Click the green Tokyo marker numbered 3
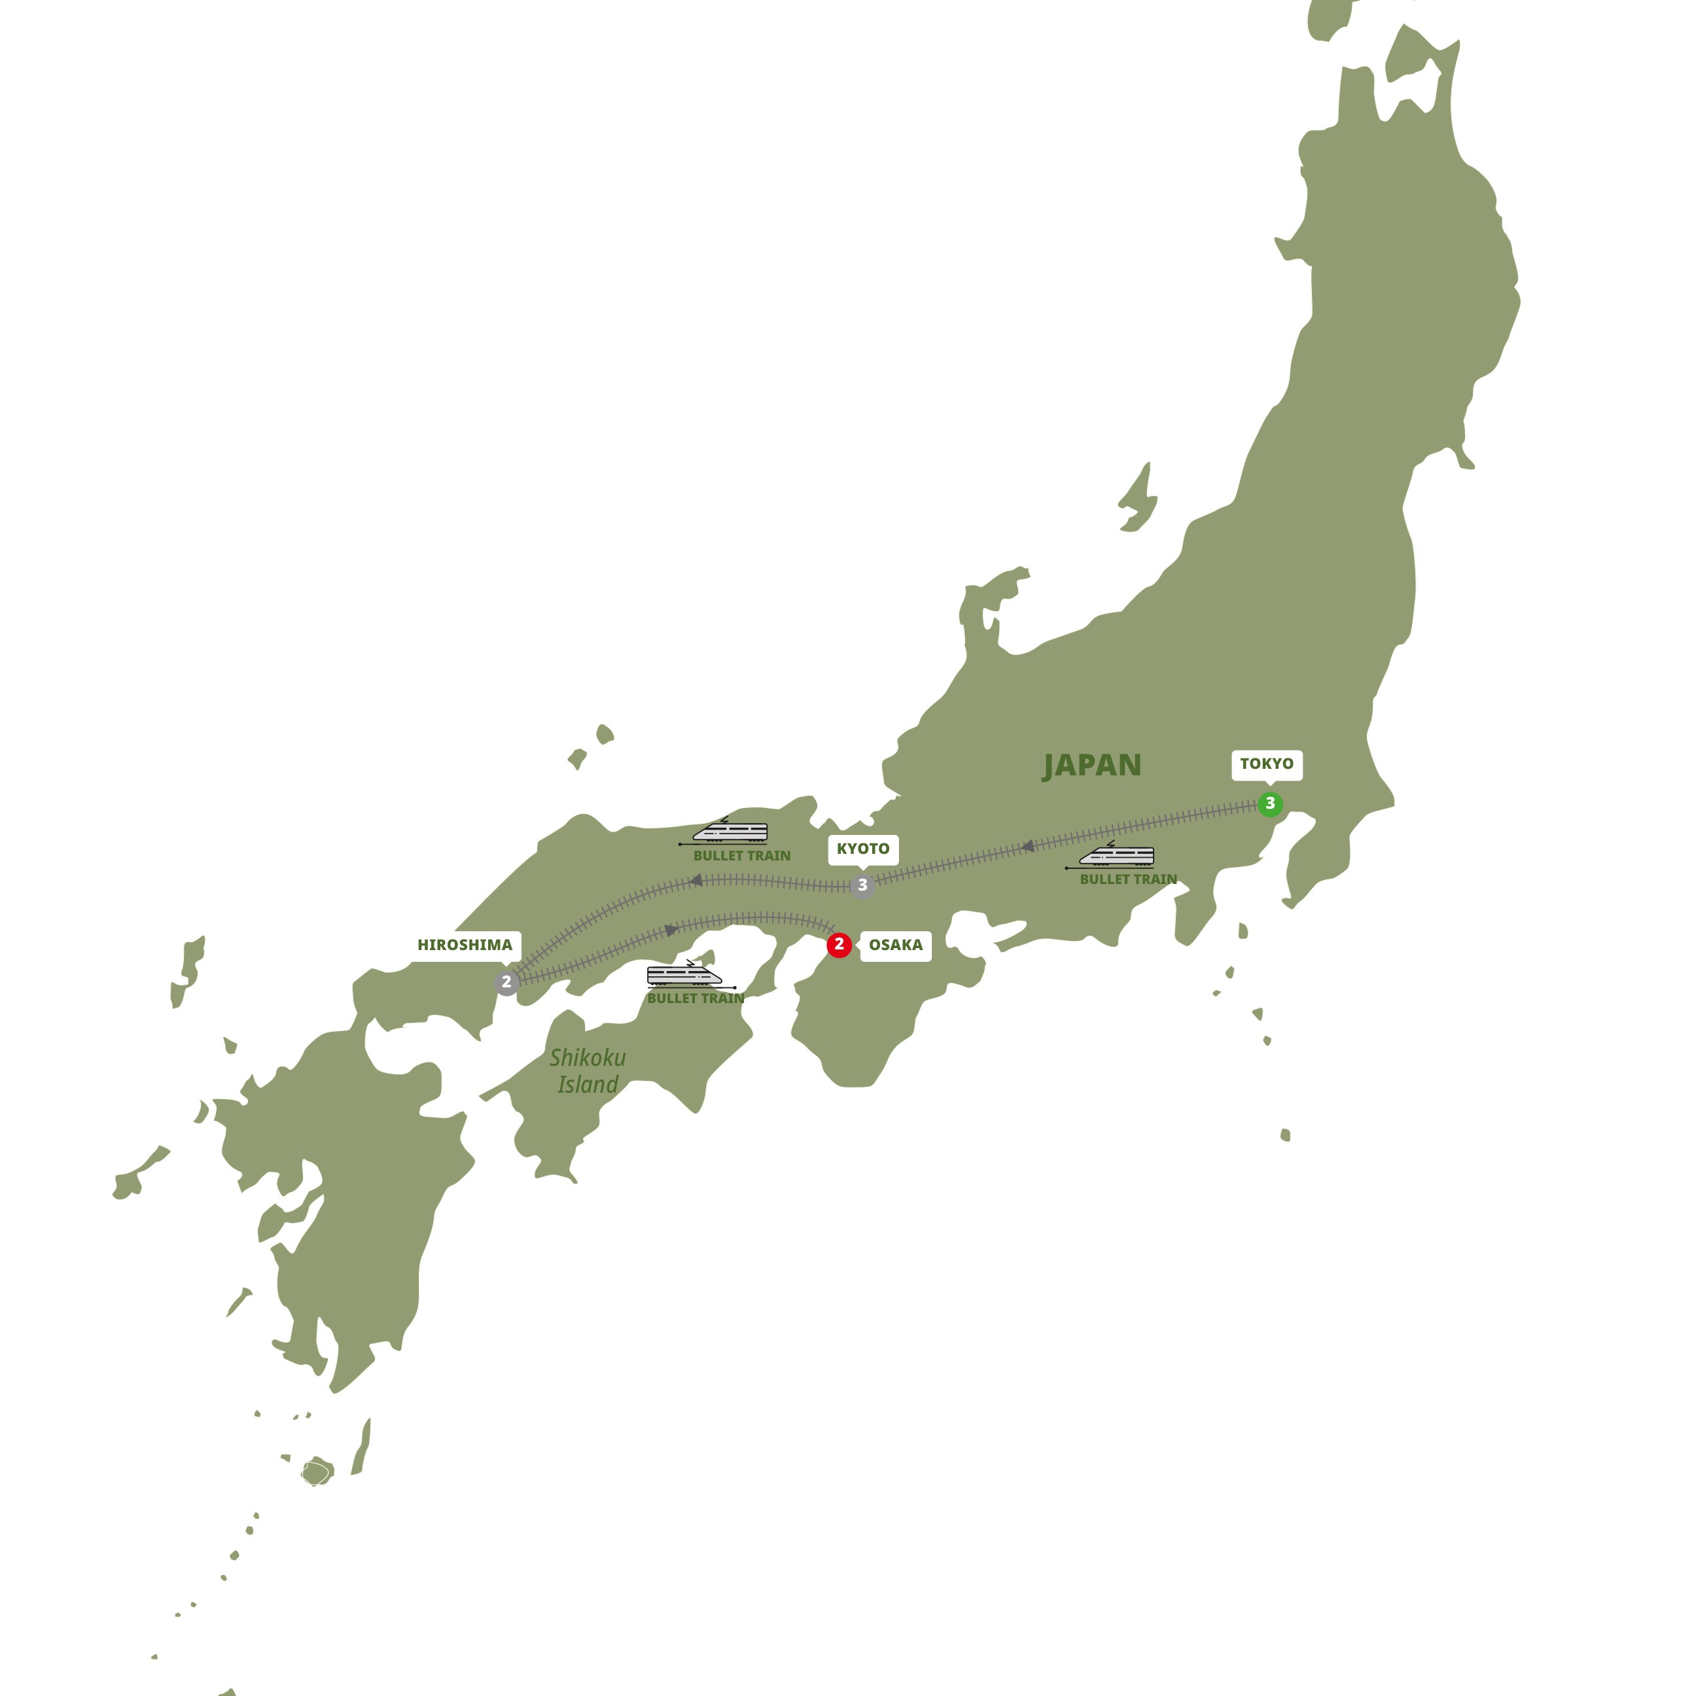(x=1269, y=804)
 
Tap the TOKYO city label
(x=1266, y=764)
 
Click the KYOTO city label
(x=862, y=849)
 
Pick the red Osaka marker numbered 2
(x=839, y=945)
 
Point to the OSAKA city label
(x=895, y=945)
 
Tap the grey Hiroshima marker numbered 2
(x=506, y=982)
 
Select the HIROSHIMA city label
(x=465, y=945)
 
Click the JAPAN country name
(x=1092, y=766)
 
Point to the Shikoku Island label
(x=588, y=1071)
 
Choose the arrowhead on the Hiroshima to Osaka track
(x=671, y=930)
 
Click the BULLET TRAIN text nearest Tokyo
(x=1128, y=879)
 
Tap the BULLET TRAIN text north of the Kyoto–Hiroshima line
(x=742, y=856)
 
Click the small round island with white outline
(x=315, y=1472)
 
